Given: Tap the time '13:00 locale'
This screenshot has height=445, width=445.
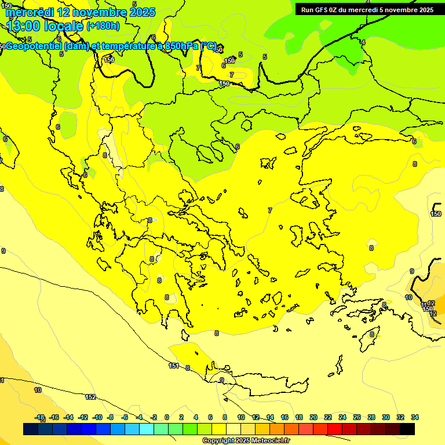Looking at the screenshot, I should (x=45, y=26).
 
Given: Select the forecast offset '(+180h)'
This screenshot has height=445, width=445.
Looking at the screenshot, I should (x=103, y=26).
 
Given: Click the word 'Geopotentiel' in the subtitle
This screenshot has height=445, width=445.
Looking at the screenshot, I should (x=33, y=46).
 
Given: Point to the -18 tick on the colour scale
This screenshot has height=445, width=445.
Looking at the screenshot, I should (x=40, y=417).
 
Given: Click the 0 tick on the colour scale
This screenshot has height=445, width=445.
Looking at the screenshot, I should (x=167, y=417).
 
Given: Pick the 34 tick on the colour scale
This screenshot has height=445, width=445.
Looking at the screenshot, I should (x=415, y=417).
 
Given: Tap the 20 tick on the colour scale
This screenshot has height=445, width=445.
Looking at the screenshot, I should (x=313, y=417).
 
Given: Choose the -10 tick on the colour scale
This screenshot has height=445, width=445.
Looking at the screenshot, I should (x=97, y=417).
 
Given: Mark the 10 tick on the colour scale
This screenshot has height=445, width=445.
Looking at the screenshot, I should (x=241, y=417).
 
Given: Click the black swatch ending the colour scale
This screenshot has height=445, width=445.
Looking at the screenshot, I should (x=407, y=429).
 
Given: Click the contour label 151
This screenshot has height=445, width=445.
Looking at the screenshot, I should (x=174, y=366).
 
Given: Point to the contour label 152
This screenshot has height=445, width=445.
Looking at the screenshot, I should (x=90, y=397).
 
